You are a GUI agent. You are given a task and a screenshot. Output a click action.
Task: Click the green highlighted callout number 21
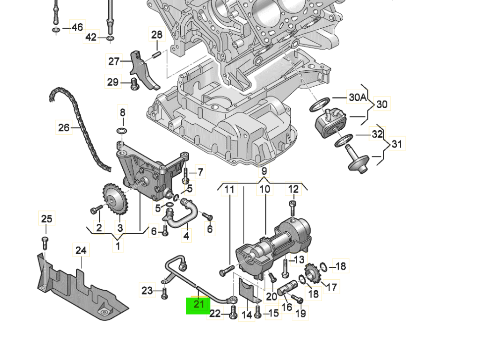(198, 305)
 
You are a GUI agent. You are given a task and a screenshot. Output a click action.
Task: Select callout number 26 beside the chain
(64, 128)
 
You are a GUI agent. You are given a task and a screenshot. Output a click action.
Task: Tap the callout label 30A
(357, 98)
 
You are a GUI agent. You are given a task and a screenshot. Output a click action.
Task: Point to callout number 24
(81, 251)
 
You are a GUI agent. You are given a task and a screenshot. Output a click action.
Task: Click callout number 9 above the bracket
(264, 171)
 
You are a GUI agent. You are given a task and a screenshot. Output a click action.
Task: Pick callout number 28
(157, 35)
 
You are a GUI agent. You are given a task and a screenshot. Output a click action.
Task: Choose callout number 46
(77, 27)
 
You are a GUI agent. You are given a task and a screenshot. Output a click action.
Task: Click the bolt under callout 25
(45, 242)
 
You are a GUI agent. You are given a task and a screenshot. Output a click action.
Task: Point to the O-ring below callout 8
(121, 131)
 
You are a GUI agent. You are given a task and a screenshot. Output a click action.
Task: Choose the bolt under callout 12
(293, 207)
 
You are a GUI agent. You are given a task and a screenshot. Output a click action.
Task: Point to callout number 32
(377, 134)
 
